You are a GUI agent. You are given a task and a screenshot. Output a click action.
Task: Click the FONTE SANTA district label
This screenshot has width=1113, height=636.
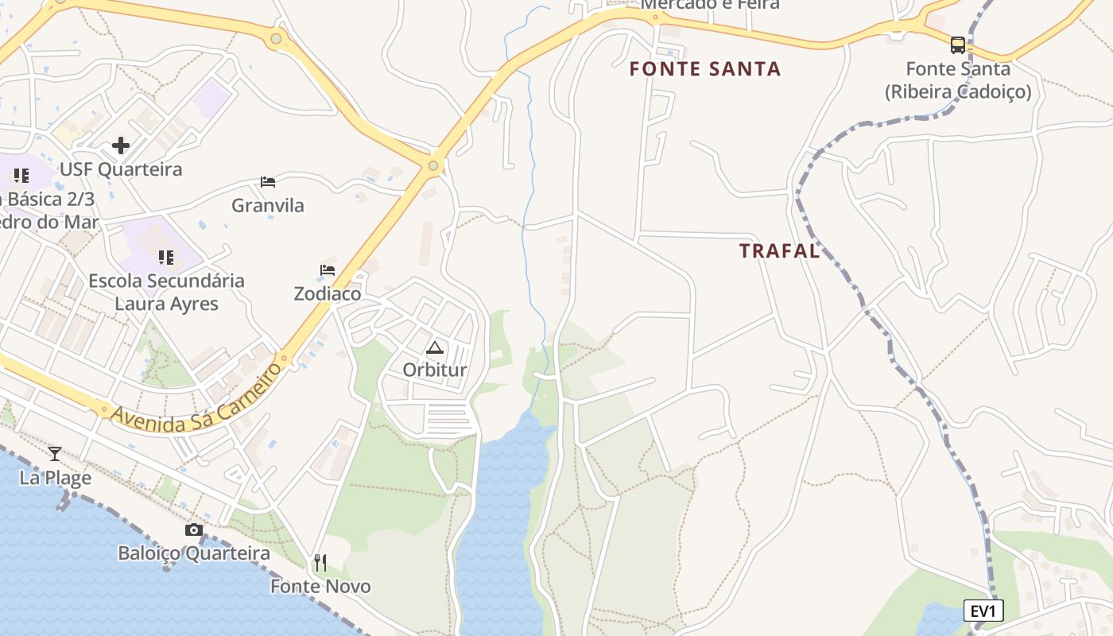[x=705, y=69]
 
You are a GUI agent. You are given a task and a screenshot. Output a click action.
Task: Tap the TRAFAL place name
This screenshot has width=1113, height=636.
[x=779, y=251]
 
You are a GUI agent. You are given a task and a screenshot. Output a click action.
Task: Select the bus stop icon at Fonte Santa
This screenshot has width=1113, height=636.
[x=958, y=45]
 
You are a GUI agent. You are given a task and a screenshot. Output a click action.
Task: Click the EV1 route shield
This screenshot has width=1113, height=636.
[x=983, y=611]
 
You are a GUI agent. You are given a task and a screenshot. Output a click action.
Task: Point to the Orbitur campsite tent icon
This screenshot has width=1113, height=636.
[x=434, y=347]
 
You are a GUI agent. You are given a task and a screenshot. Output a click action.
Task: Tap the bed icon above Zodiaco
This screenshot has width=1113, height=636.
[x=327, y=270]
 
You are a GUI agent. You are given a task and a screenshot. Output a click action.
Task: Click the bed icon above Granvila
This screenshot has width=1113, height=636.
[x=268, y=182]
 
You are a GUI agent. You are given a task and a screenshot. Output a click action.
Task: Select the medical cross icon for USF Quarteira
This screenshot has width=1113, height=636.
[x=121, y=145]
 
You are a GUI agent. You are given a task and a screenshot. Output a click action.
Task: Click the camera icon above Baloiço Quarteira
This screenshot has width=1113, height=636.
[x=193, y=530]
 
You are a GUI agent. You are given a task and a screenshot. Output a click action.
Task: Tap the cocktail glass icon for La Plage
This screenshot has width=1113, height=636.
[x=55, y=454]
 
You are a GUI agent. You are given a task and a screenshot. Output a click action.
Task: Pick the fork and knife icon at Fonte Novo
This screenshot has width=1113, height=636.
[x=320, y=563]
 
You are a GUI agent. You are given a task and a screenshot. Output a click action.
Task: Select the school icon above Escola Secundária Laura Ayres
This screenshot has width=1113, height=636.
[x=166, y=257]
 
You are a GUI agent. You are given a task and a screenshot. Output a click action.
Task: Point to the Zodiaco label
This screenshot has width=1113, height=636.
[x=328, y=293]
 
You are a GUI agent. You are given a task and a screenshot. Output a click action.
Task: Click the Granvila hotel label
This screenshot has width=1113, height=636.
[x=268, y=205]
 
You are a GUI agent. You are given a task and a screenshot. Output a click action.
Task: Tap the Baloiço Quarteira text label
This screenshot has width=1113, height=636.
[x=194, y=553]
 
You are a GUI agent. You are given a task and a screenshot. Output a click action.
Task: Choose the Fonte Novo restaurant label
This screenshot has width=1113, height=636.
[x=320, y=587]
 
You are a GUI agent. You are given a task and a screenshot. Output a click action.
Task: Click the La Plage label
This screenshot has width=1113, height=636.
[x=56, y=478]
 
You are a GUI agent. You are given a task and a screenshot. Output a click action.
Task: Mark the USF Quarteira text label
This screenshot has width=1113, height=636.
[x=121, y=169]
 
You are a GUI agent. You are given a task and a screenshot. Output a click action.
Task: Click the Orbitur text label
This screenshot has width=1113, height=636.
[x=435, y=370]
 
